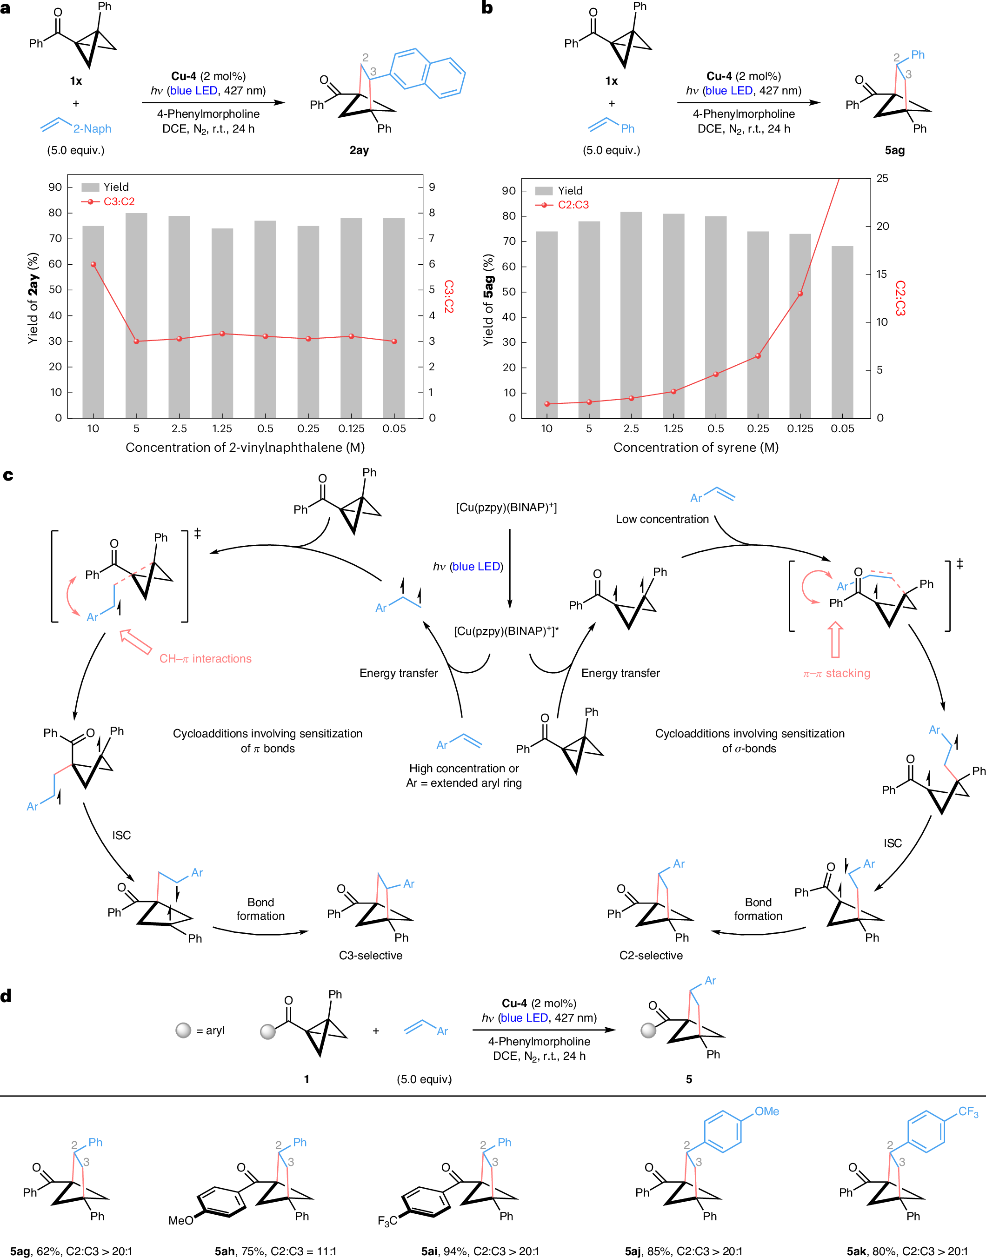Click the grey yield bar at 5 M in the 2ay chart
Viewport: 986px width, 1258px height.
136,315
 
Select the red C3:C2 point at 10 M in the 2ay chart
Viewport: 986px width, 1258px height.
93,264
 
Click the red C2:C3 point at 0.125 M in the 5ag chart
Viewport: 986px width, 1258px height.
800,294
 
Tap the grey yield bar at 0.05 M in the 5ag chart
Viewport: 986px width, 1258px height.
842,332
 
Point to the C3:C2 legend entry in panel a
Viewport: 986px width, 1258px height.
108,201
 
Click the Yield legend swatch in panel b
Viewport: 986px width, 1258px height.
544,191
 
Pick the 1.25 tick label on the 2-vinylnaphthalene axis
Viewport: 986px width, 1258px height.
222,428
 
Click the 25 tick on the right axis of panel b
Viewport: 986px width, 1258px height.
882,178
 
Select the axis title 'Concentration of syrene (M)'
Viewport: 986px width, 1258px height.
696,448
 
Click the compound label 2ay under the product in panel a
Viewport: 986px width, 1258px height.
359,150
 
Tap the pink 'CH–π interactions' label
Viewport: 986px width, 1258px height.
206,659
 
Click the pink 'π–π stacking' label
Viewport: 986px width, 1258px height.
837,673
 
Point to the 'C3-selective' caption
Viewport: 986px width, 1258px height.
371,956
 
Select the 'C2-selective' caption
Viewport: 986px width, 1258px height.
651,956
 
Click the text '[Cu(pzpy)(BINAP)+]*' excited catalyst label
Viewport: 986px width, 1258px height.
506,631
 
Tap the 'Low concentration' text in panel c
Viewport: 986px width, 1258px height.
662,519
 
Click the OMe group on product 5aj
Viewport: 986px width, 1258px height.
766,1111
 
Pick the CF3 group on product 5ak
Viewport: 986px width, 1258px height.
968,1112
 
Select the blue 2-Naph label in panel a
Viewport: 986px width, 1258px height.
93,129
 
